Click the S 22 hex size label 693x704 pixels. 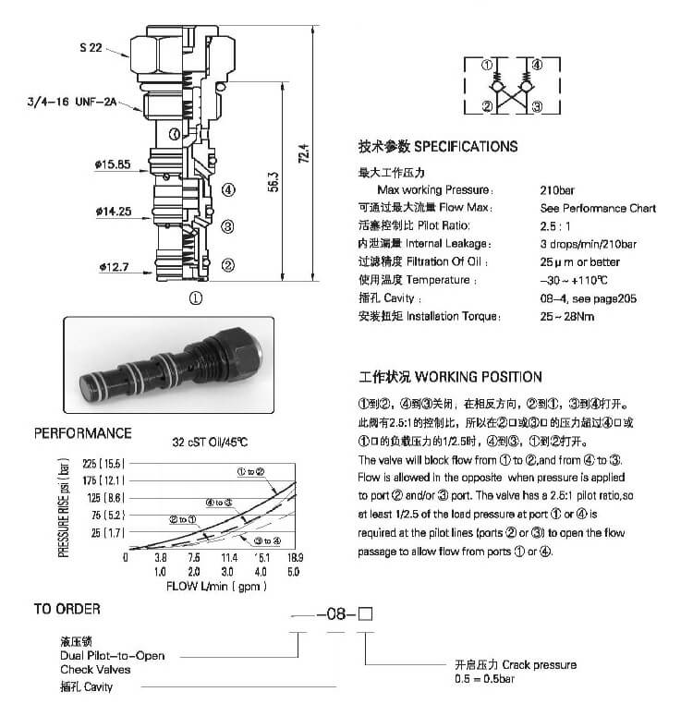pyautogui.click(x=90, y=46)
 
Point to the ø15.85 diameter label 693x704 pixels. pyautogui.click(x=112, y=164)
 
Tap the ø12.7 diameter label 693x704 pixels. pyautogui.click(x=115, y=268)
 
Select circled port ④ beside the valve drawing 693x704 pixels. pyautogui.click(x=227, y=191)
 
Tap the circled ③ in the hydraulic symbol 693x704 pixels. pyautogui.click(x=536, y=107)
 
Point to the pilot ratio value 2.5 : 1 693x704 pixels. pyautogui.click(x=556, y=225)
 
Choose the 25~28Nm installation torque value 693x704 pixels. pyautogui.click(x=568, y=317)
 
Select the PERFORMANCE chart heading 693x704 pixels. pyautogui.click(x=83, y=433)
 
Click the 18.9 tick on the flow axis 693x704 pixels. pyautogui.click(x=293, y=558)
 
